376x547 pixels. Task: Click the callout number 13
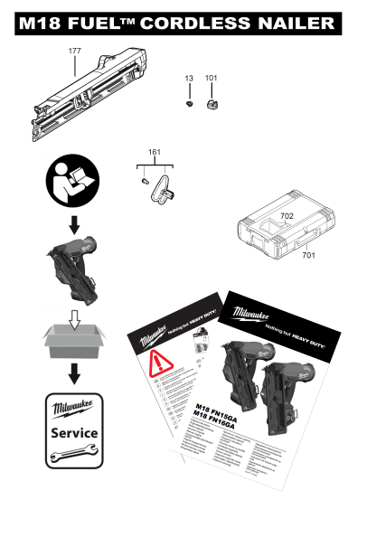tap(189, 80)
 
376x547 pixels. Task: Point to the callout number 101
tap(211, 80)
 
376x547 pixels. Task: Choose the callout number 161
tap(155, 153)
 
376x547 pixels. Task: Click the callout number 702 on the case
tap(287, 217)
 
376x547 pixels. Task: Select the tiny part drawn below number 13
tap(189, 105)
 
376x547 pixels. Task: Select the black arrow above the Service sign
tap(74, 373)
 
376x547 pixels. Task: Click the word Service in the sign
tap(75, 433)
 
